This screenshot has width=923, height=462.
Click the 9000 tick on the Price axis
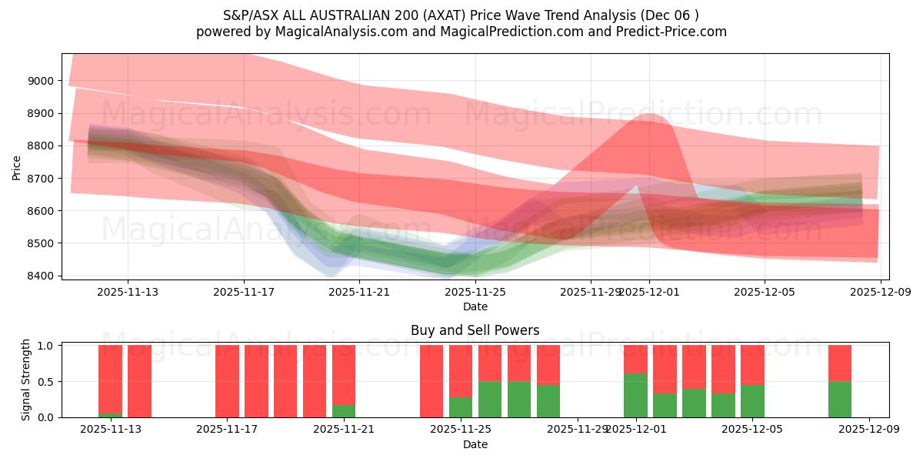40,81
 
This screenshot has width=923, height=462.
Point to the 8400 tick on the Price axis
40,276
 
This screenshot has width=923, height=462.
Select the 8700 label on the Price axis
40,179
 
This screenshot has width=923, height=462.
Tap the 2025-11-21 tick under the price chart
359,292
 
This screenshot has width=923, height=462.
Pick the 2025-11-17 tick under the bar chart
227,430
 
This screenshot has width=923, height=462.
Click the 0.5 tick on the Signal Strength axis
45,381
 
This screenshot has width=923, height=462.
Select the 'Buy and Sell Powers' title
475,330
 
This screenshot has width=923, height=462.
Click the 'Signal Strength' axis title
26,380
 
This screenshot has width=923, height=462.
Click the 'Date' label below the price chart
475,306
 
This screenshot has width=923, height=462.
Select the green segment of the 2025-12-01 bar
635,395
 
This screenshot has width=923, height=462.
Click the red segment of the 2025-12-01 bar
635,359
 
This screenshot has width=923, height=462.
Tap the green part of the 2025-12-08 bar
840,399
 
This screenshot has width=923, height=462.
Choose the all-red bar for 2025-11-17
227,381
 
